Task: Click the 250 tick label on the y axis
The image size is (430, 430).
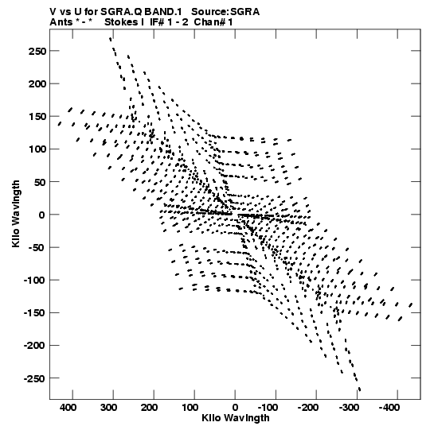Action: coord(37,51)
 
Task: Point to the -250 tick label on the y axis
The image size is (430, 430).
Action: coord(35,378)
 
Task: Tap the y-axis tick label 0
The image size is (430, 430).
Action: coord(41,215)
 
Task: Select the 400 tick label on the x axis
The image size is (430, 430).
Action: coord(68,408)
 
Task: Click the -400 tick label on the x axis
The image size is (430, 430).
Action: coord(389,408)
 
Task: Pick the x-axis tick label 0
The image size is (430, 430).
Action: coord(235,408)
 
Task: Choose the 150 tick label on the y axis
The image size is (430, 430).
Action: coord(37,117)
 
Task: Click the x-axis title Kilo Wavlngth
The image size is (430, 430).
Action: coord(236,418)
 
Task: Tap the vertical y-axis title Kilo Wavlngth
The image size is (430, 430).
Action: coord(16,214)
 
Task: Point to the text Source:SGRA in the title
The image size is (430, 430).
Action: coord(225,12)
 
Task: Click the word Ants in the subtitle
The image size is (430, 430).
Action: coord(61,22)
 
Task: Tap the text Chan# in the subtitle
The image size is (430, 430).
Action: coord(209,22)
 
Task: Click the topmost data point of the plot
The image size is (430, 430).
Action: coord(111,39)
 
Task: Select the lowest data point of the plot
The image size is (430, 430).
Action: coord(359,389)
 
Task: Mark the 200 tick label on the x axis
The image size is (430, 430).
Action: coord(149,408)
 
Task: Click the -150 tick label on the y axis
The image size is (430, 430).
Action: coord(35,313)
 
